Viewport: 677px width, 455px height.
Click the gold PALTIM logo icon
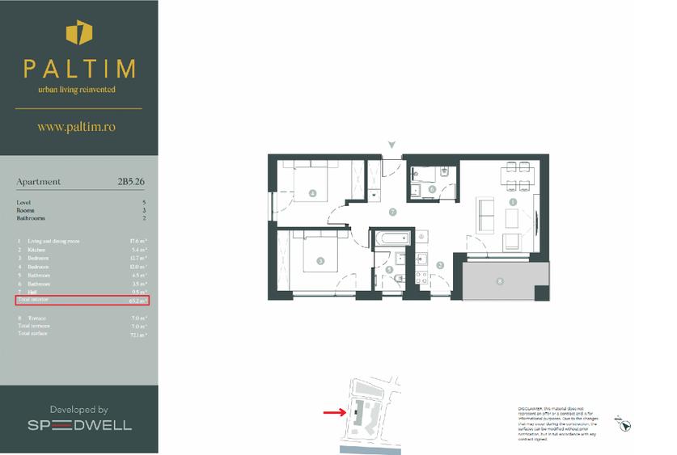point(78,34)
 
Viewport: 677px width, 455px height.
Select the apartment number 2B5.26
point(132,182)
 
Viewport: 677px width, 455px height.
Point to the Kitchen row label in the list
point(38,250)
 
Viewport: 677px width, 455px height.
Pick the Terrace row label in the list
point(37,318)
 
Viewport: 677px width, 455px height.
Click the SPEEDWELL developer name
point(78,425)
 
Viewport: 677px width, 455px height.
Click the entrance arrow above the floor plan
point(392,145)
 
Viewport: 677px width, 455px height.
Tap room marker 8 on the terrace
point(499,281)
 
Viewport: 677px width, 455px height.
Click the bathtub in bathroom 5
point(391,238)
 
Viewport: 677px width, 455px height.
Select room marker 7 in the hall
point(392,212)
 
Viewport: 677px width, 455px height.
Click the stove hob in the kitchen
point(421,277)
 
